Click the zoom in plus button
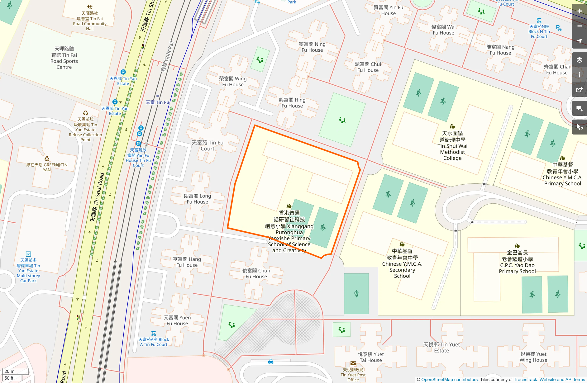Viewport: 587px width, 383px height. click(x=580, y=11)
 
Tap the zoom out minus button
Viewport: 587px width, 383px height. click(x=580, y=26)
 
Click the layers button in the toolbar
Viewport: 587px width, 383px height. click(x=580, y=60)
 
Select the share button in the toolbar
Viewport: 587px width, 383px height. click(x=580, y=90)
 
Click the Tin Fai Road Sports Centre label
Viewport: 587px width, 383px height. click(x=64, y=58)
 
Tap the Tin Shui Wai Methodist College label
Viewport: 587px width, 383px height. click(x=452, y=145)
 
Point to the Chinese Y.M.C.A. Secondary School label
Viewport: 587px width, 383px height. click(x=402, y=263)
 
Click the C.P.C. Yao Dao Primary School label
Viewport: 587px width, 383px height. click(x=517, y=262)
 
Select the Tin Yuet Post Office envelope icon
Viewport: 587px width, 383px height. click(x=353, y=363)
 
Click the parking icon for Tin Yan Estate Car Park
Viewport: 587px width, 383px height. click(x=28, y=254)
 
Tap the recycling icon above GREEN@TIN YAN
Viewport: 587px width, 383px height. click(x=47, y=159)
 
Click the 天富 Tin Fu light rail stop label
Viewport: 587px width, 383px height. click(x=158, y=102)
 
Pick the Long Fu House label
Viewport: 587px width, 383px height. click(x=197, y=199)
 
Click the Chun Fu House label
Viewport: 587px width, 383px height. click(x=256, y=273)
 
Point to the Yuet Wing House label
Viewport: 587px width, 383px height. click(x=533, y=357)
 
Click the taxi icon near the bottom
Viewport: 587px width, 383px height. click(x=271, y=362)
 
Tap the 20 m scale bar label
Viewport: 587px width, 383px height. click(x=9, y=371)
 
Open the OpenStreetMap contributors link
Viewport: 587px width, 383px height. click(x=450, y=380)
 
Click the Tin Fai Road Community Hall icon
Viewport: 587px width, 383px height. click(x=90, y=7)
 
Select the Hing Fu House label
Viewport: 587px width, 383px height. click(x=292, y=103)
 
